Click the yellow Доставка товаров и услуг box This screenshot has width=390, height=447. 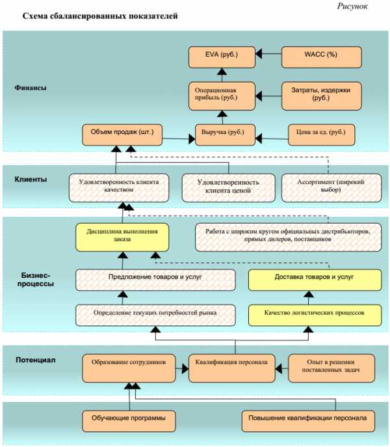pyautogui.click(x=314, y=279)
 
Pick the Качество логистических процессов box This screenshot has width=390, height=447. pyautogui.click(x=314, y=314)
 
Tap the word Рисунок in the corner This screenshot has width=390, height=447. pyautogui.click(x=352, y=6)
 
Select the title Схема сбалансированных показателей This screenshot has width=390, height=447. pyautogui.click(x=99, y=15)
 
